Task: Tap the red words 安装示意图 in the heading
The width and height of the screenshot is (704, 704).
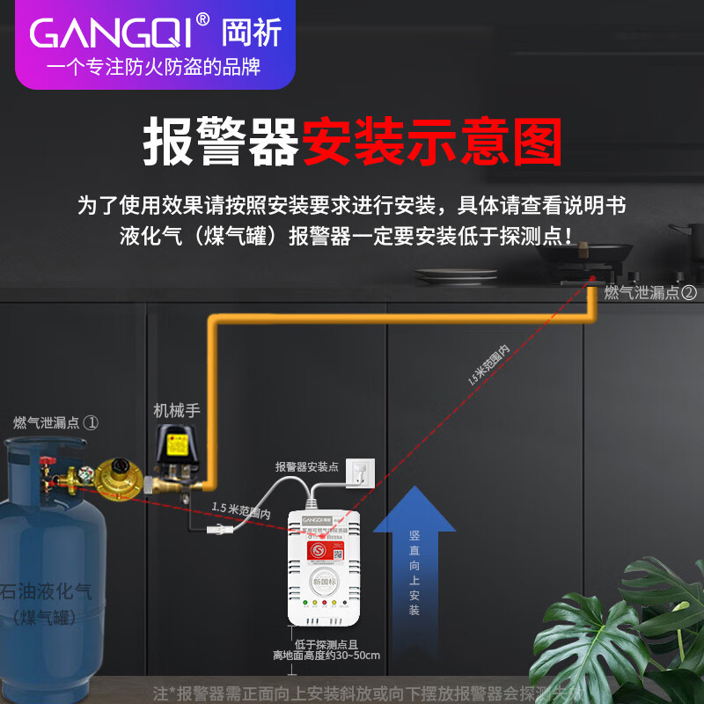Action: (x=432, y=143)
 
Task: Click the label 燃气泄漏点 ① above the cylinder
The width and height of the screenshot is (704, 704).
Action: (x=55, y=422)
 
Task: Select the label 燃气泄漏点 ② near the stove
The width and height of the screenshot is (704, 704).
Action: (x=650, y=292)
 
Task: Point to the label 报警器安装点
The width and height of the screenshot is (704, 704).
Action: (x=306, y=466)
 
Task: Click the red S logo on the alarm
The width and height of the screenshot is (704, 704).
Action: (x=319, y=549)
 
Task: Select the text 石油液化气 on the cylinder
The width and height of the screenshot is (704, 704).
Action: (x=46, y=591)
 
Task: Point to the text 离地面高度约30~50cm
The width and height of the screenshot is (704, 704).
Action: (x=326, y=656)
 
